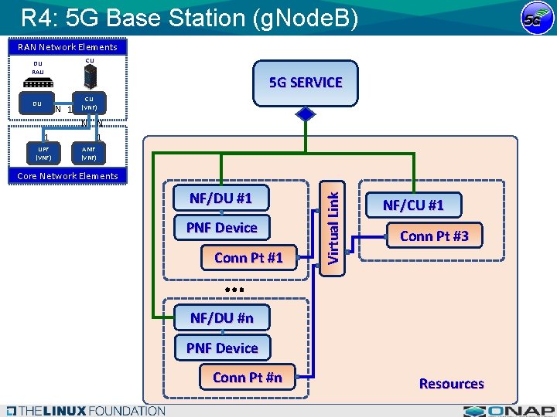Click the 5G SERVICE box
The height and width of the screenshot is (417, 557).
pos(306,83)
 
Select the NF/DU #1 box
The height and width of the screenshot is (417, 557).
pos(221,198)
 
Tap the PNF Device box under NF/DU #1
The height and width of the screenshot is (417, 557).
pos(221,228)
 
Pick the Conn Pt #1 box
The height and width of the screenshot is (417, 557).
pos(248,258)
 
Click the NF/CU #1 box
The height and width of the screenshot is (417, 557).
pos(413,205)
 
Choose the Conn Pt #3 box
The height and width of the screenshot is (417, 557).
pos(434,236)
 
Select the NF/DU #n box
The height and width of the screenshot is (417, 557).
pos(222,317)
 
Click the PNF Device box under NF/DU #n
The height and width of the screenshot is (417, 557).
pos(222,348)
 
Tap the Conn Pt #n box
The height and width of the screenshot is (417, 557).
pos(247,378)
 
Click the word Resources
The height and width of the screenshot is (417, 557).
pos(451,384)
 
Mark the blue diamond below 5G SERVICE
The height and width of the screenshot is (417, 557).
pos(306,114)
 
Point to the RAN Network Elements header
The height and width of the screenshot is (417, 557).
pos(69,47)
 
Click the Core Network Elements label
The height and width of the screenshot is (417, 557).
pos(68,176)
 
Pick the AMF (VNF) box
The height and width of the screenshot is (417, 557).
pos(89,153)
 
